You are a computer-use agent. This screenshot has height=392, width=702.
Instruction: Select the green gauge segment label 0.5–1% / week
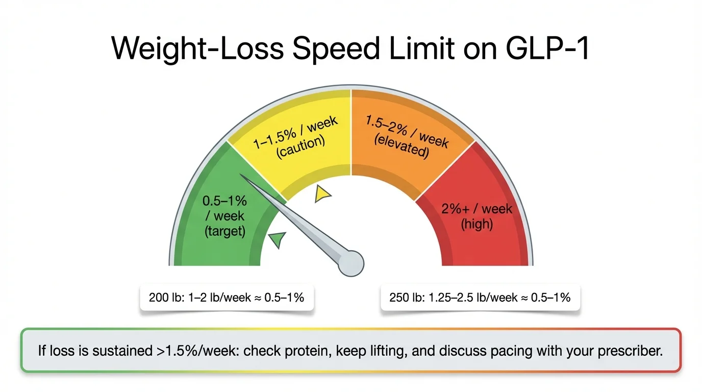pyautogui.click(x=224, y=208)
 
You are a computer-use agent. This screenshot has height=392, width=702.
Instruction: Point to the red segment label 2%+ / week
pyautogui.click(x=477, y=209)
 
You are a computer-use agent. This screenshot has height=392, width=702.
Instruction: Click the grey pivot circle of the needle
pyautogui.click(x=352, y=262)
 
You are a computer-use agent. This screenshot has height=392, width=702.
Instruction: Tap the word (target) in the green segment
pyautogui.click(x=225, y=231)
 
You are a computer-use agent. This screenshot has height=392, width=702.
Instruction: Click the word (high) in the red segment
pyautogui.click(x=477, y=224)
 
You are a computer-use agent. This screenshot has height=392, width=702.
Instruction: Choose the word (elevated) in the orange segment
pyautogui.click(x=401, y=145)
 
